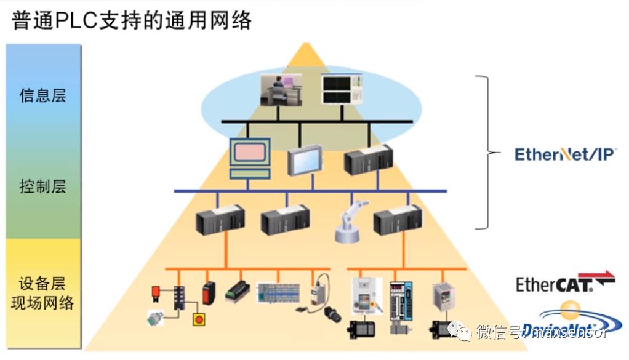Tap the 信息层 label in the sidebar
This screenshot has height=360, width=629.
(x=42, y=96)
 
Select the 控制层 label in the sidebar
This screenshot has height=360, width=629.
(x=42, y=186)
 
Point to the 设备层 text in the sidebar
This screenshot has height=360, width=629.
(x=42, y=284)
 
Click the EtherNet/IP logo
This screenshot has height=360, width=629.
(x=564, y=153)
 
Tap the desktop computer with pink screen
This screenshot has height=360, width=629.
(x=250, y=157)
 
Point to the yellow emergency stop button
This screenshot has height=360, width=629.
(x=199, y=319)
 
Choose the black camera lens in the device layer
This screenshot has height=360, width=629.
(x=333, y=314)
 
